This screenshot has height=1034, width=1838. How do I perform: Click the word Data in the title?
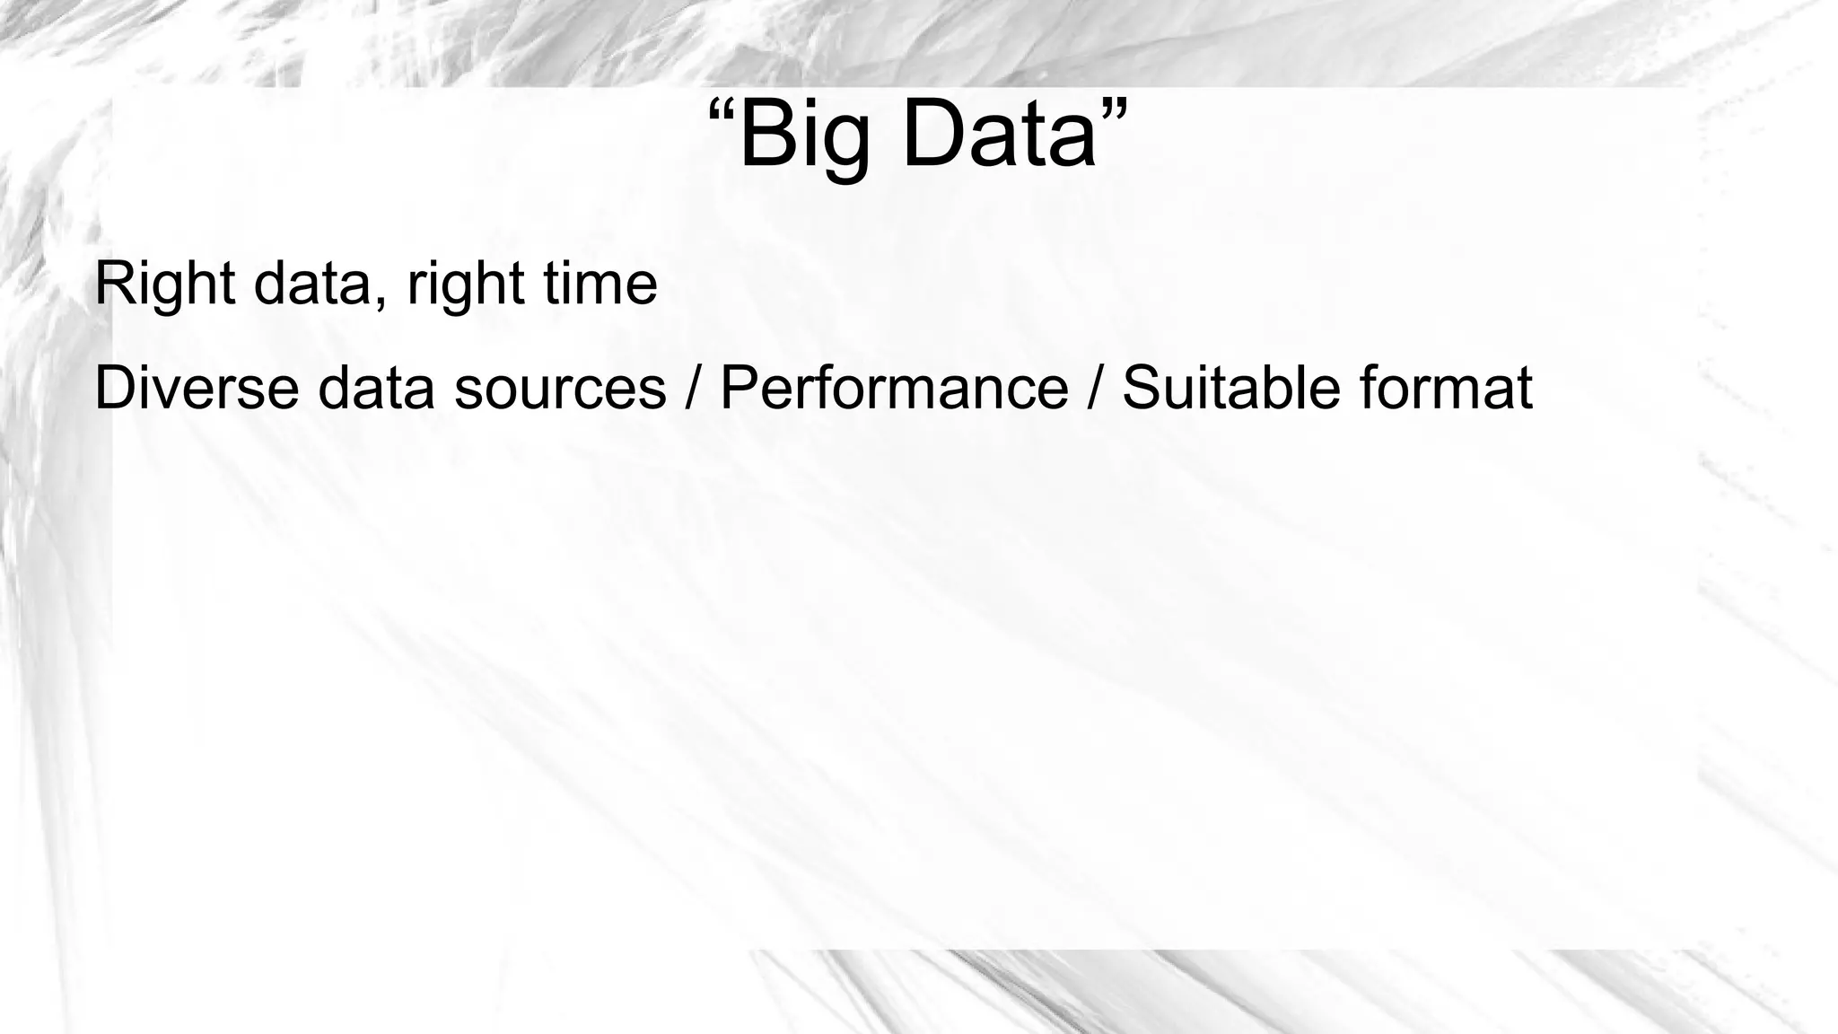tap(999, 137)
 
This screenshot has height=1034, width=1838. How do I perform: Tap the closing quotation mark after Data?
tap(1112, 115)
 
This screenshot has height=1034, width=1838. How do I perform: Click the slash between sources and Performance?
tap(692, 389)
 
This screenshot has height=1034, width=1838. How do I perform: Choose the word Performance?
tap(894, 389)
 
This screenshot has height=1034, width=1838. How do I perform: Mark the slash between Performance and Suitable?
tap(1094, 389)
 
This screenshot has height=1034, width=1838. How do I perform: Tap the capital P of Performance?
tap(740, 389)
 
